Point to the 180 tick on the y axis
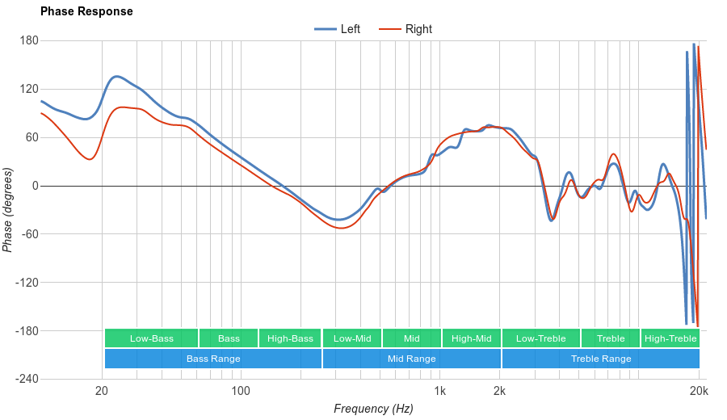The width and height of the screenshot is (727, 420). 29,40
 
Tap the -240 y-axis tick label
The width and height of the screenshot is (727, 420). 27,379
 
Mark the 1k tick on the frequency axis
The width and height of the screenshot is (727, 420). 439,392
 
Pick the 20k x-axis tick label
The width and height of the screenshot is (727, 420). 699,392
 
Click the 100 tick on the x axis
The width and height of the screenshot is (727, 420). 241,392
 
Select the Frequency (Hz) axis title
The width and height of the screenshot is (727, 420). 373,409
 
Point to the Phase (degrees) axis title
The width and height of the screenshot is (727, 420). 8,210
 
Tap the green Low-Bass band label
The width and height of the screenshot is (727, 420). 151,338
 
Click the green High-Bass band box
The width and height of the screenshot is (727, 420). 290,338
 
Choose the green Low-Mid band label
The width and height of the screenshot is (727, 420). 352,338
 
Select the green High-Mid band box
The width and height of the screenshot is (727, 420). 471,338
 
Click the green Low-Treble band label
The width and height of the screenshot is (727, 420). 540,338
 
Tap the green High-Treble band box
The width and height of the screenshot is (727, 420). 670,338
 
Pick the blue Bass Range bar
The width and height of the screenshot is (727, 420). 212,359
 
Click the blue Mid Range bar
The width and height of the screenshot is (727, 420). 411,359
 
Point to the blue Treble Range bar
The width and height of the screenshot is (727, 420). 600,359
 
